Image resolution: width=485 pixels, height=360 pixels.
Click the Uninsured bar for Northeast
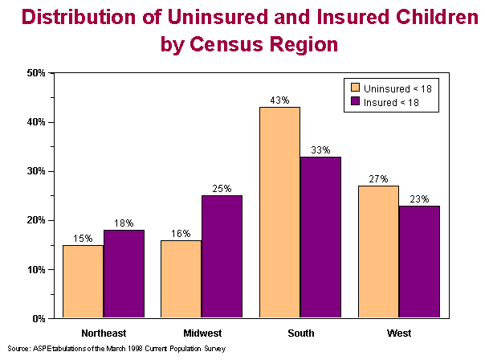[83, 281]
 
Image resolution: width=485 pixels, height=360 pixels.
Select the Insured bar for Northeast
[124, 274]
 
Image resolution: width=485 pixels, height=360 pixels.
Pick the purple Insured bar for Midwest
[222, 257]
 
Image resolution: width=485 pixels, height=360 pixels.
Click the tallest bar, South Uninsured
[279, 213]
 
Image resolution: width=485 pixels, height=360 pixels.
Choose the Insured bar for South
[320, 237]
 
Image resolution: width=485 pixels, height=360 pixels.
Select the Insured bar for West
[419, 262]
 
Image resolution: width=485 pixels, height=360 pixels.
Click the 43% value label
[279, 100]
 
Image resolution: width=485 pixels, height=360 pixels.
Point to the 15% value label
[83, 238]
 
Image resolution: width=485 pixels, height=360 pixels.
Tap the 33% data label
[320, 149]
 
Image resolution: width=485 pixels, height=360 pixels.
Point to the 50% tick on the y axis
[36, 73]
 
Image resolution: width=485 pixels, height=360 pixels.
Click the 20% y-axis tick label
[36, 220]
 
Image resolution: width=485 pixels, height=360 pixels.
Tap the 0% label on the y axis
[39, 318]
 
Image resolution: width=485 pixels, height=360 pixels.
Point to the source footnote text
[116, 349]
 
